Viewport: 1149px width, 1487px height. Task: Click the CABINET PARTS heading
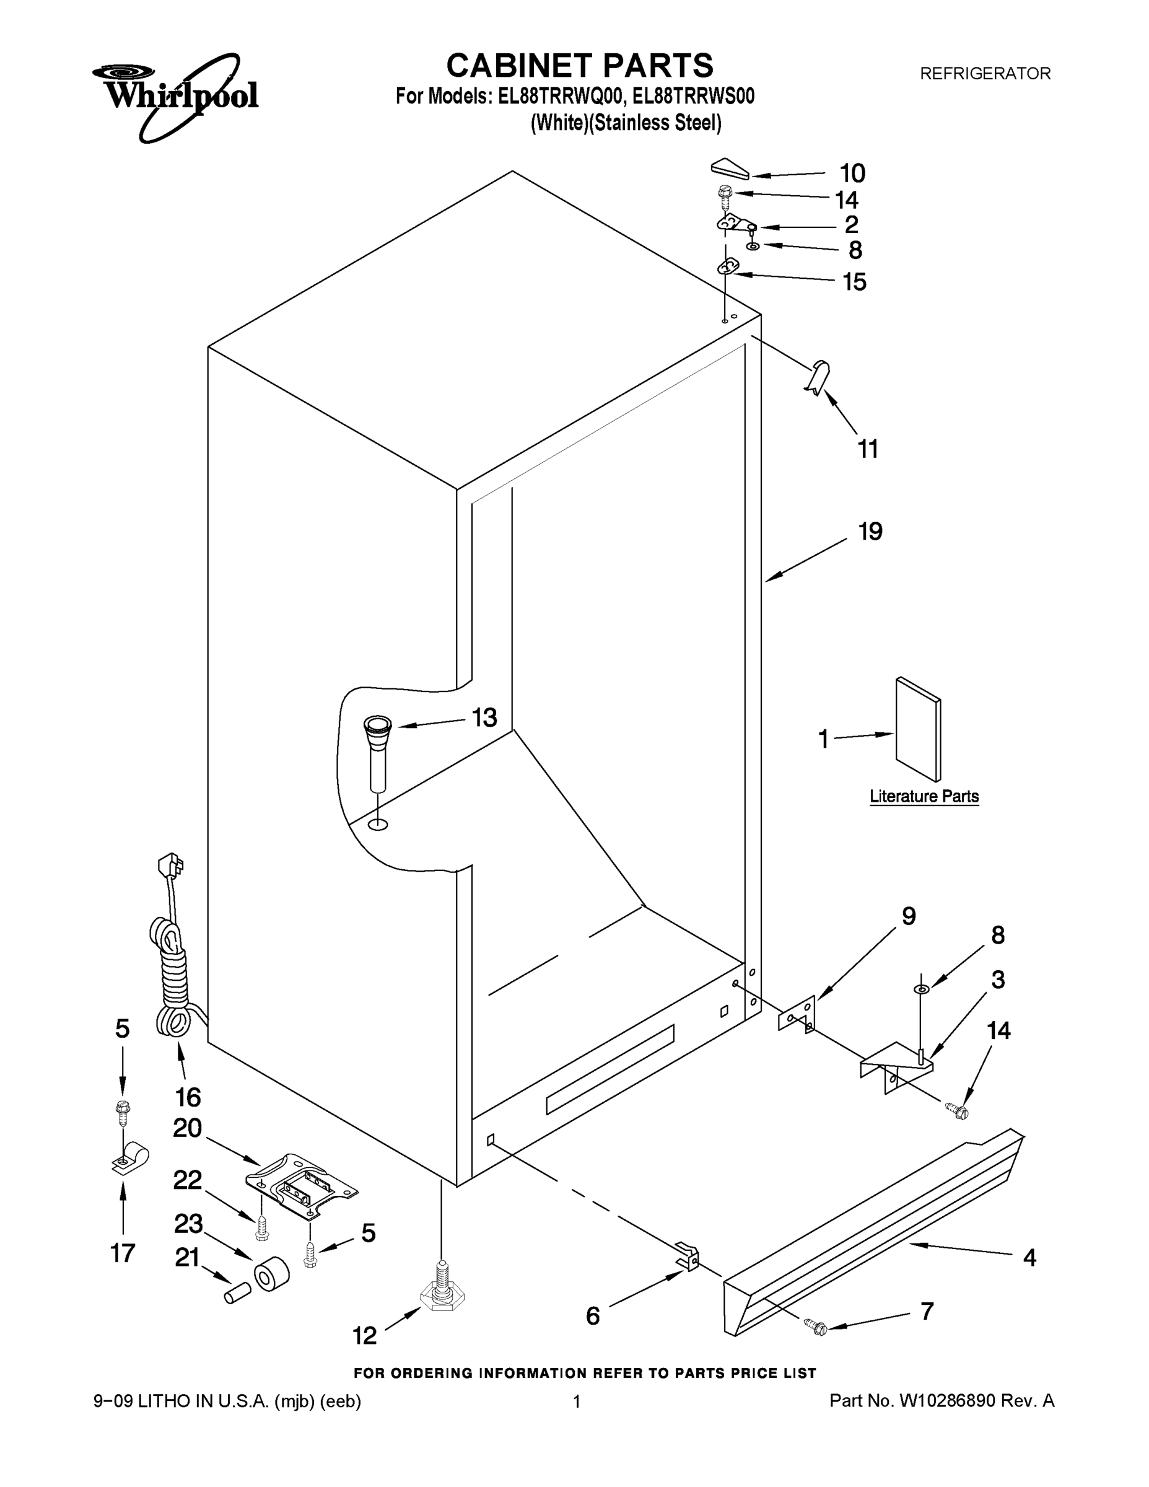click(579, 66)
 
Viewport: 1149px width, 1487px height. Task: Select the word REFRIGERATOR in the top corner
click(985, 74)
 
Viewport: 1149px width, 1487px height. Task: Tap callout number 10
click(852, 173)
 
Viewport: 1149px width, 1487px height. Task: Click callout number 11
click(867, 449)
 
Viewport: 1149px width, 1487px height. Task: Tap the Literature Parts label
click(924, 796)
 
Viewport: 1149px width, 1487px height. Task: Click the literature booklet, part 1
click(918, 729)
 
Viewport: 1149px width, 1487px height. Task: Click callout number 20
click(187, 1128)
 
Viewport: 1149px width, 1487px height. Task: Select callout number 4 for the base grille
click(1029, 1258)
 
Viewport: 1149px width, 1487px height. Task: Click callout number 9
click(909, 916)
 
